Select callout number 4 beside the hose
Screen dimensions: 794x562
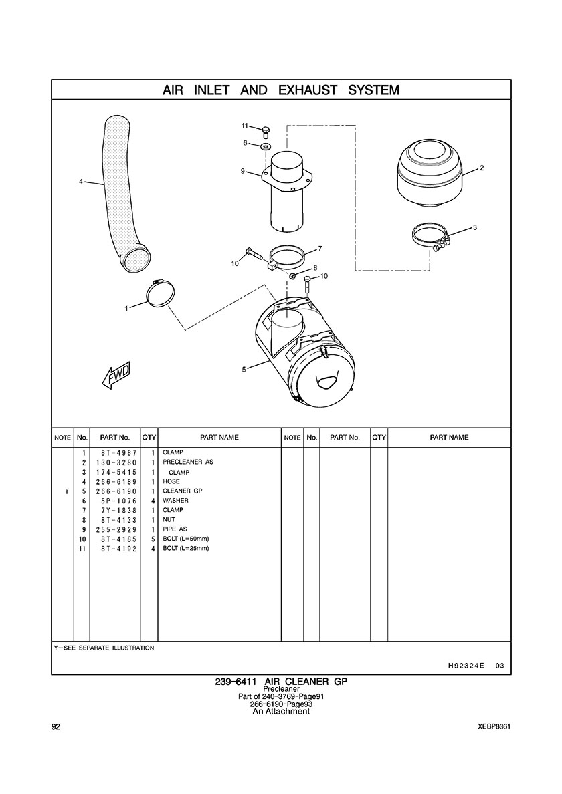coord(80,181)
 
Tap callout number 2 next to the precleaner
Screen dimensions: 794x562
coord(482,168)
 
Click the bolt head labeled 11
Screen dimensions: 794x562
coord(265,128)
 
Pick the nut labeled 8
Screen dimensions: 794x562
coord(293,275)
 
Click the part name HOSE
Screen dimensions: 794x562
coord(171,481)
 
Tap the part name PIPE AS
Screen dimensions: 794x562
coord(175,529)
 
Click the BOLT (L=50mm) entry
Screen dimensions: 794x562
coord(186,539)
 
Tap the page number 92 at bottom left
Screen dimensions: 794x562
coord(56,726)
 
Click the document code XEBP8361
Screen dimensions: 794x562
coord(495,726)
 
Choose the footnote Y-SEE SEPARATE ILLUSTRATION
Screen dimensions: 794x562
coord(104,648)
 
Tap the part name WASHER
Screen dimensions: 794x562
coord(175,501)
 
